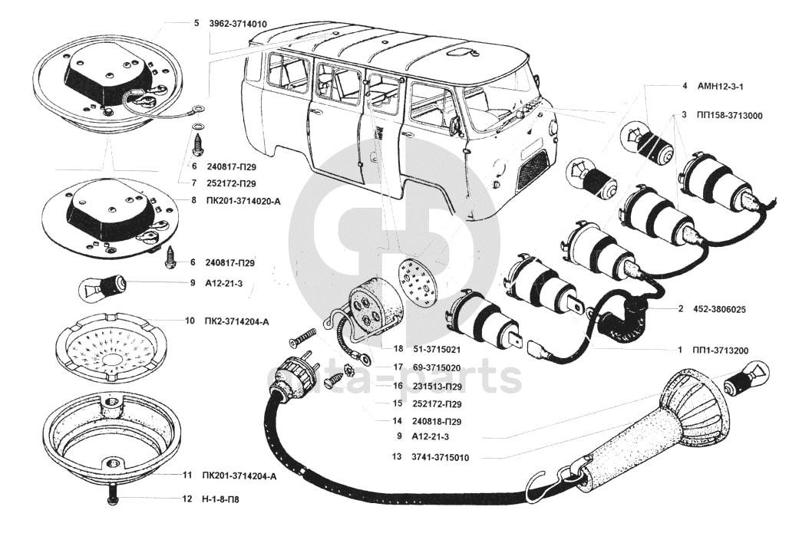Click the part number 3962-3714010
[x=237, y=24]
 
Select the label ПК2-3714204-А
[x=237, y=321]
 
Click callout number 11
[x=187, y=476]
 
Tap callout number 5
[x=196, y=24]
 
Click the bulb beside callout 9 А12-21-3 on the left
[x=105, y=287]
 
